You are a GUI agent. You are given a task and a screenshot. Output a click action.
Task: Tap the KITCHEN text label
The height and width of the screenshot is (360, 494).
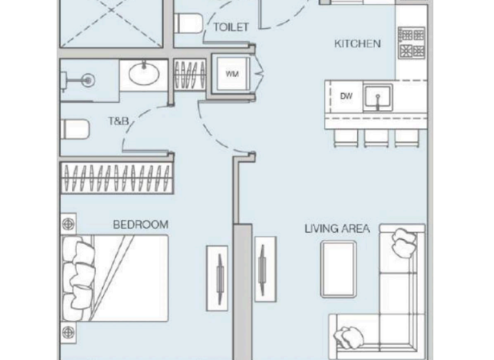point(357,44)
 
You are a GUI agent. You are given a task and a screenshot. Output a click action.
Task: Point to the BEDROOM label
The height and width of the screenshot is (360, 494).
point(140,224)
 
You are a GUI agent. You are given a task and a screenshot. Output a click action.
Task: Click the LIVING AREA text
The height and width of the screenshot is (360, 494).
point(336,228)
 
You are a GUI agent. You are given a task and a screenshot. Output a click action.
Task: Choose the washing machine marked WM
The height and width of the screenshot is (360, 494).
point(232,75)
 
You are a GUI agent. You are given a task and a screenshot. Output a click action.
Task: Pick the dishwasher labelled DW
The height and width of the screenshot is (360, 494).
point(346,97)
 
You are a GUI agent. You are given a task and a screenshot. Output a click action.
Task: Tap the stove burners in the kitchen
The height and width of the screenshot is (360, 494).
point(411,42)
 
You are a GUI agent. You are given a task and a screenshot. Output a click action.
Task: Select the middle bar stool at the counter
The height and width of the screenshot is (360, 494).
point(376,137)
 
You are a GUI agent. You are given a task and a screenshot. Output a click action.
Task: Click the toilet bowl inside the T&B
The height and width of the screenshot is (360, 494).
point(75,129)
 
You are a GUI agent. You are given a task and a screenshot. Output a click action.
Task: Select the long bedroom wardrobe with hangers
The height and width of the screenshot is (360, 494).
point(116,177)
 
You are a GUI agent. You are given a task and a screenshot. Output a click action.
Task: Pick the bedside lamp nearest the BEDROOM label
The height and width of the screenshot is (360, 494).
point(68,223)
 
